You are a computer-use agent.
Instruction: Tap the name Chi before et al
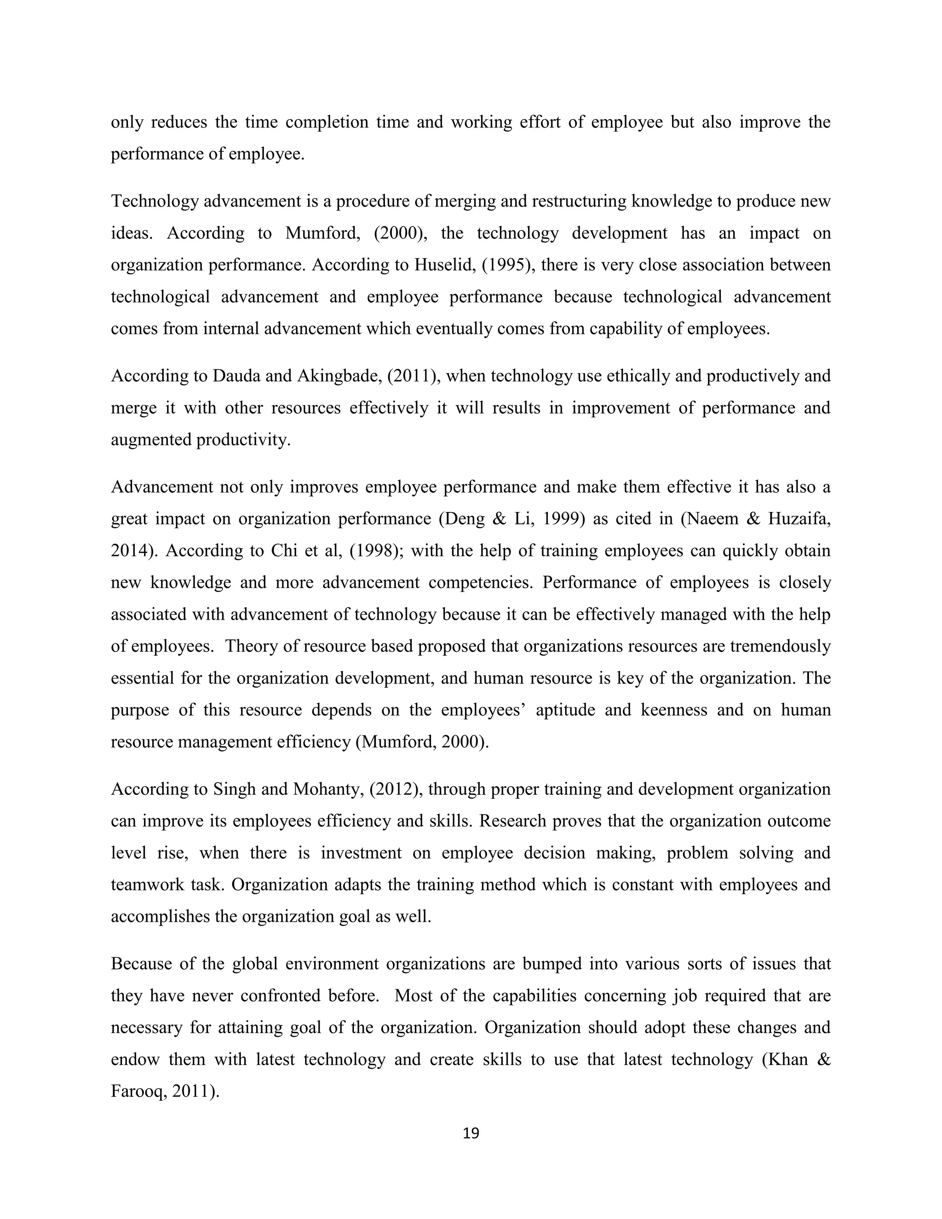[x=285, y=551]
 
